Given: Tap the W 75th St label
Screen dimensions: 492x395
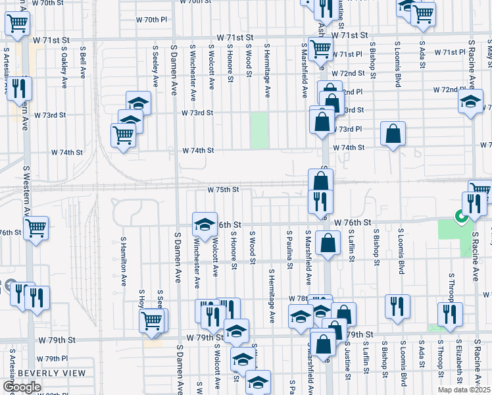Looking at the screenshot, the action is click(x=222, y=190).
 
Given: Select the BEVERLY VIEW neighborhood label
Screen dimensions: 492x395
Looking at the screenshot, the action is click(x=51, y=373).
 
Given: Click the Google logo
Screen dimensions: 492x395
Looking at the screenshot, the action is click(x=22, y=387).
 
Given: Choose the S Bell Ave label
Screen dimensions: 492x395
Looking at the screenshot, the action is click(x=83, y=63).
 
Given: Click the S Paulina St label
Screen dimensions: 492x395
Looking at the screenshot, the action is click(x=289, y=250).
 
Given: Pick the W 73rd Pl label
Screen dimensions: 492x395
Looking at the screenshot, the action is click(x=347, y=129).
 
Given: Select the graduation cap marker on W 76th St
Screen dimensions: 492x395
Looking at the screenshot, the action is click(x=205, y=224).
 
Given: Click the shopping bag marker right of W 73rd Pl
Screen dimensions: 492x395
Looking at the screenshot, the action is click(x=393, y=134).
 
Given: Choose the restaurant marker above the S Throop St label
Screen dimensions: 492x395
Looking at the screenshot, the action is click(x=450, y=313).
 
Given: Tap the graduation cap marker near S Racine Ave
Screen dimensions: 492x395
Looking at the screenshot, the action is click(x=470, y=102).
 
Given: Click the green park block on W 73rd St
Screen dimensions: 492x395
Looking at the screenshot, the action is click(x=260, y=130).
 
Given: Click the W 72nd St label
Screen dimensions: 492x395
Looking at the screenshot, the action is click(x=348, y=73).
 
